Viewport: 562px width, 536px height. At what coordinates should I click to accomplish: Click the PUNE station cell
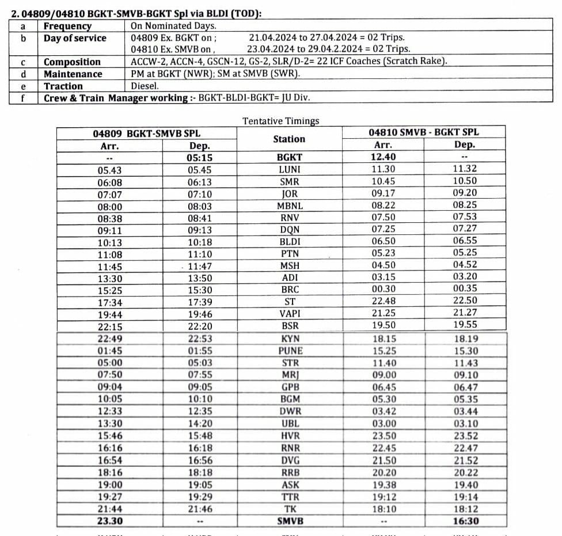[x=290, y=351]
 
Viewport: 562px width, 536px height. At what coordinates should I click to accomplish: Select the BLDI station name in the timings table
[x=290, y=241]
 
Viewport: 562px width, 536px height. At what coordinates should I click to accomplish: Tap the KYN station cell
[x=290, y=339]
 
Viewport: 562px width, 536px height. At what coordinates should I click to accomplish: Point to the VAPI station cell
[x=290, y=314]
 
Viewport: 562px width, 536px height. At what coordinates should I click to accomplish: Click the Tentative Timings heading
[x=280, y=121]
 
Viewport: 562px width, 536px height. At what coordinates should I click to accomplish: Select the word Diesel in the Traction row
[x=145, y=86]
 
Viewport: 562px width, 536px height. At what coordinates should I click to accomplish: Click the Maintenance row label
[x=73, y=74]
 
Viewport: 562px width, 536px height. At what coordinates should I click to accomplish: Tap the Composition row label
[x=72, y=62]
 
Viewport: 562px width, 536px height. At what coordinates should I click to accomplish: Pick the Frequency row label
[x=67, y=26]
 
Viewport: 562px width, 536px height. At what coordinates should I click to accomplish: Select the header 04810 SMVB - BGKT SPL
[x=423, y=132]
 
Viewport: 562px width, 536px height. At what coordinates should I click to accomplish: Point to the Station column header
[x=289, y=139]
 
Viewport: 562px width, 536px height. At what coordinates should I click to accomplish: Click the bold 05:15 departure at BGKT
[x=199, y=158]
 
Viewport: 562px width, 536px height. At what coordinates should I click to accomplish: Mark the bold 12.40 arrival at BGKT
[x=383, y=157]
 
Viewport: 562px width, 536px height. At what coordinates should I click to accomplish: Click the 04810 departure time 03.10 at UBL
[x=465, y=424]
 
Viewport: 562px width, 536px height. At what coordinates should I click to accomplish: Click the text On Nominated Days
[x=173, y=26]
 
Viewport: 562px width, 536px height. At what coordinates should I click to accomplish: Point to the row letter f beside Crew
[x=23, y=98]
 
